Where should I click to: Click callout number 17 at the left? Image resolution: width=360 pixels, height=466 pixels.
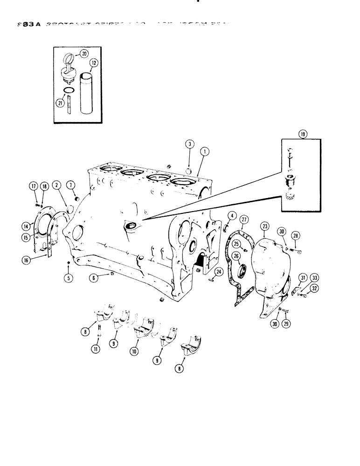coord(34,187)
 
